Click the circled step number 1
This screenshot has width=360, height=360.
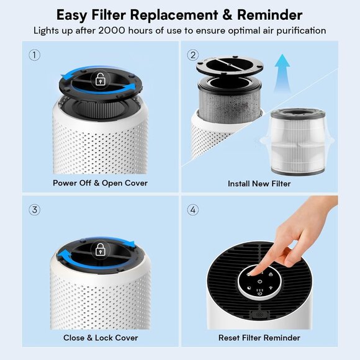click(x=35, y=55)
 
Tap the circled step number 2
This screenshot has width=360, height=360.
click(x=193, y=55)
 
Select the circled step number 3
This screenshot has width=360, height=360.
click(x=35, y=210)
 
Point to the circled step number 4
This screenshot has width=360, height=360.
click(x=193, y=210)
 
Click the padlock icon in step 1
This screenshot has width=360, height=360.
click(x=100, y=79)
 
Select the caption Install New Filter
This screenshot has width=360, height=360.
click(x=259, y=183)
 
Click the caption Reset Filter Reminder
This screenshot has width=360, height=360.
click(x=259, y=338)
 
